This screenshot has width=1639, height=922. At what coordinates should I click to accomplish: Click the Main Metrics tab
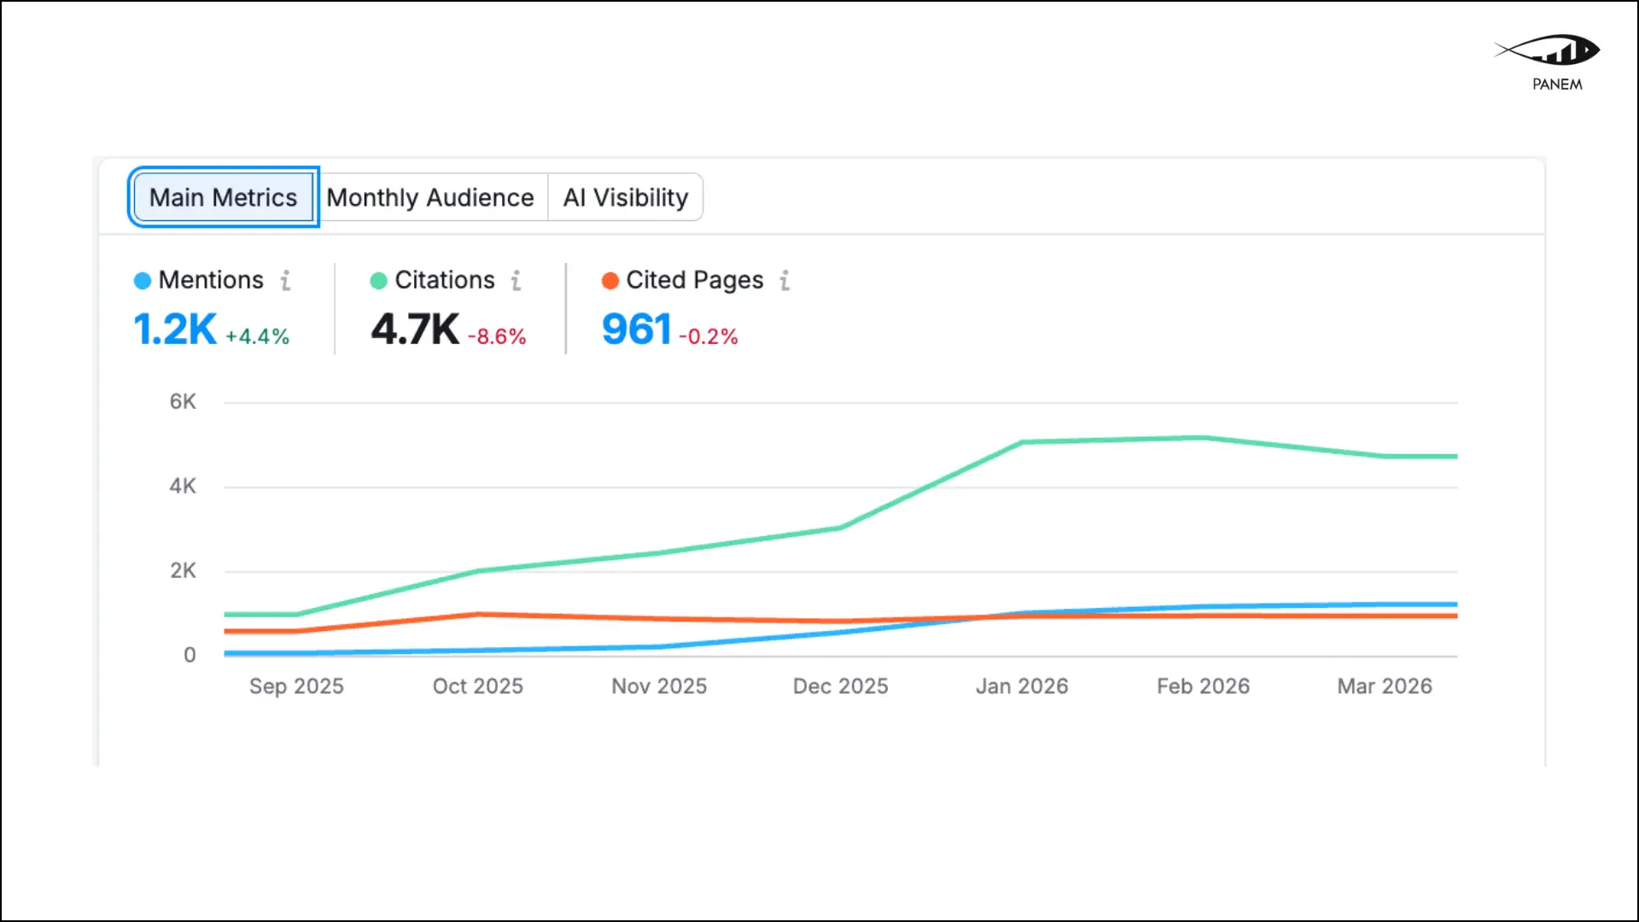point(223,197)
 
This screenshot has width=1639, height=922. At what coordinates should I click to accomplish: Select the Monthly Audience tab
point(430,197)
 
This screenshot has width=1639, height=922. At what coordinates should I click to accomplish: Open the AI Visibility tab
point(625,197)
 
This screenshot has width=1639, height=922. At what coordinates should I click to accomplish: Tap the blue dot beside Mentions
point(143,281)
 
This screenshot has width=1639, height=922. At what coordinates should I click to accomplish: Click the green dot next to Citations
point(378,281)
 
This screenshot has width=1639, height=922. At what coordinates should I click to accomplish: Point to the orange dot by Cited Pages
point(610,281)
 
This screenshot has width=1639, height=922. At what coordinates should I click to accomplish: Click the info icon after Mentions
point(286,280)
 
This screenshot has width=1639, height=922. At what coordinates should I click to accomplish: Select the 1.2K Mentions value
point(175,330)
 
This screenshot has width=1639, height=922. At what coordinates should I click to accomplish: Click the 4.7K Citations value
point(415,330)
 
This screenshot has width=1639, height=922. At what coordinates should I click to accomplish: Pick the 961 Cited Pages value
point(637,330)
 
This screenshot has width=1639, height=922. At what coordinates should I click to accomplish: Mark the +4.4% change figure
point(257,336)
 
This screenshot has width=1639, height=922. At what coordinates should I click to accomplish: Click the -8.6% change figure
point(497,336)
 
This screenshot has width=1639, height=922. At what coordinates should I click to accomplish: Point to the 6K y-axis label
point(183,401)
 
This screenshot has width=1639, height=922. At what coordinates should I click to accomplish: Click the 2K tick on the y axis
point(183,570)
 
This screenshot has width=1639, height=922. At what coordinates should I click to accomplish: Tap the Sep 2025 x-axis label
point(296,686)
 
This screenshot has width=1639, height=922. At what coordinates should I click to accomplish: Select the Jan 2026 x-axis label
point(1022,686)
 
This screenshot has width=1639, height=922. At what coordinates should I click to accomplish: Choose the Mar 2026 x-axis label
point(1385,686)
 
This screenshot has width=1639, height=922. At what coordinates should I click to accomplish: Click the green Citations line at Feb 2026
point(1203,438)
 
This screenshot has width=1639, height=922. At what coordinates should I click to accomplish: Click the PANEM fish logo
point(1549,51)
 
